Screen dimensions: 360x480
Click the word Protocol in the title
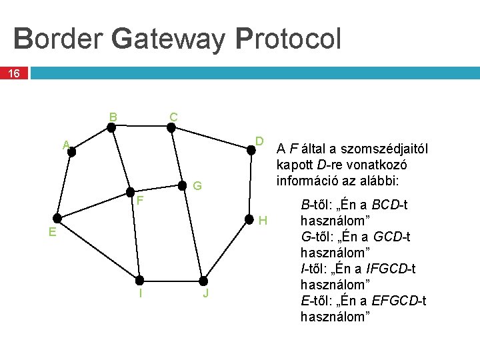pos(288,39)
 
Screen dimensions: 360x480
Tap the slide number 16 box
pos(14,73)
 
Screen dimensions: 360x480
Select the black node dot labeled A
pos(71,152)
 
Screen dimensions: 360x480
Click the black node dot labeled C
pos(171,129)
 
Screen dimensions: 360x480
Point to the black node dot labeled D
pos(252,150)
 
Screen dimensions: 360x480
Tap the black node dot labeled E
pos(58,218)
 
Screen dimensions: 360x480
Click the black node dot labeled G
pos(181,185)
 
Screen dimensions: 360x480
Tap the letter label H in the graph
pos(263,221)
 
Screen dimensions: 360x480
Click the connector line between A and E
pos(65,185)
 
